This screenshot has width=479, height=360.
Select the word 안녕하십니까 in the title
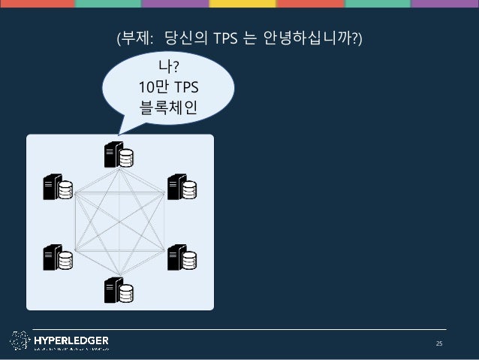[x=307, y=38]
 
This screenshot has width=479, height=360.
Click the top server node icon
[x=119, y=155]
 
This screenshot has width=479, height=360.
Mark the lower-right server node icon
[x=181, y=258]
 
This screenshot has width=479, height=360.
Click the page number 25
[x=440, y=344]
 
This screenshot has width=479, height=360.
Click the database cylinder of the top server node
[x=127, y=158]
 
